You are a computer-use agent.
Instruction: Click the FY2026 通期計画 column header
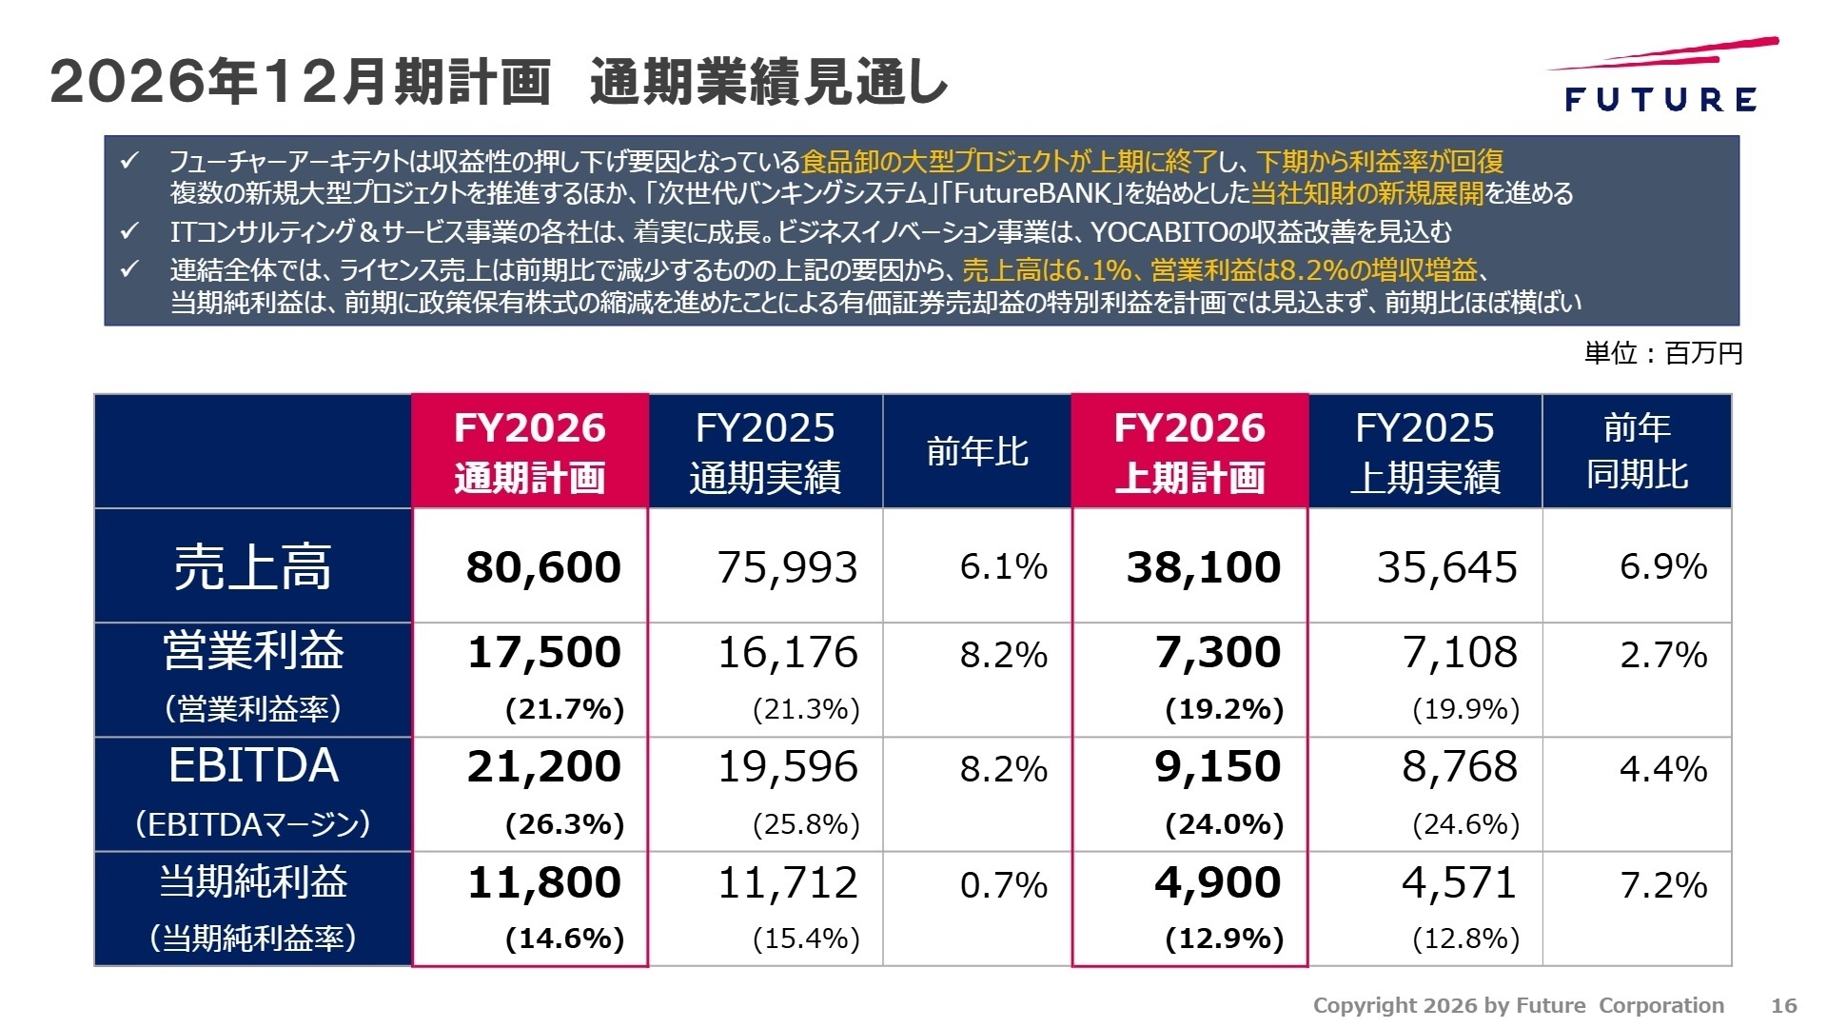click(530, 452)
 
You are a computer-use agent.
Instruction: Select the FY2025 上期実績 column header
click(1424, 452)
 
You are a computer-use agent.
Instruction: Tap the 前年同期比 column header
click(1637, 451)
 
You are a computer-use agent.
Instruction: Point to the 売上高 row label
click(252, 567)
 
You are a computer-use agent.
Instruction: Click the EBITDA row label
click(253, 766)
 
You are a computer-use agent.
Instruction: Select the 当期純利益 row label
click(253, 881)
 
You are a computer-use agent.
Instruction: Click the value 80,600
click(543, 567)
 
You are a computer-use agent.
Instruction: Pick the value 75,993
click(787, 567)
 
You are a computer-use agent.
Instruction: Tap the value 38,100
click(1204, 567)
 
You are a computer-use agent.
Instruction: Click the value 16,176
click(787, 653)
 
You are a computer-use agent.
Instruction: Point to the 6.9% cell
click(1663, 567)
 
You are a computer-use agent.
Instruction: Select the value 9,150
click(1218, 767)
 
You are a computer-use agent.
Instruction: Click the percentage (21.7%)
click(564, 709)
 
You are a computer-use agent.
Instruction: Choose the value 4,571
click(1459, 883)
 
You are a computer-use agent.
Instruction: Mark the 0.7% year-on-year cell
click(1003, 885)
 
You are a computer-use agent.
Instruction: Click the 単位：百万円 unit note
click(1663, 353)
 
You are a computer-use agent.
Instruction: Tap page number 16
click(1783, 1005)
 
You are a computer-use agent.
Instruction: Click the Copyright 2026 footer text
click(1518, 1005)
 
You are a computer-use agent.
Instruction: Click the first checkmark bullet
click(130, 161)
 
